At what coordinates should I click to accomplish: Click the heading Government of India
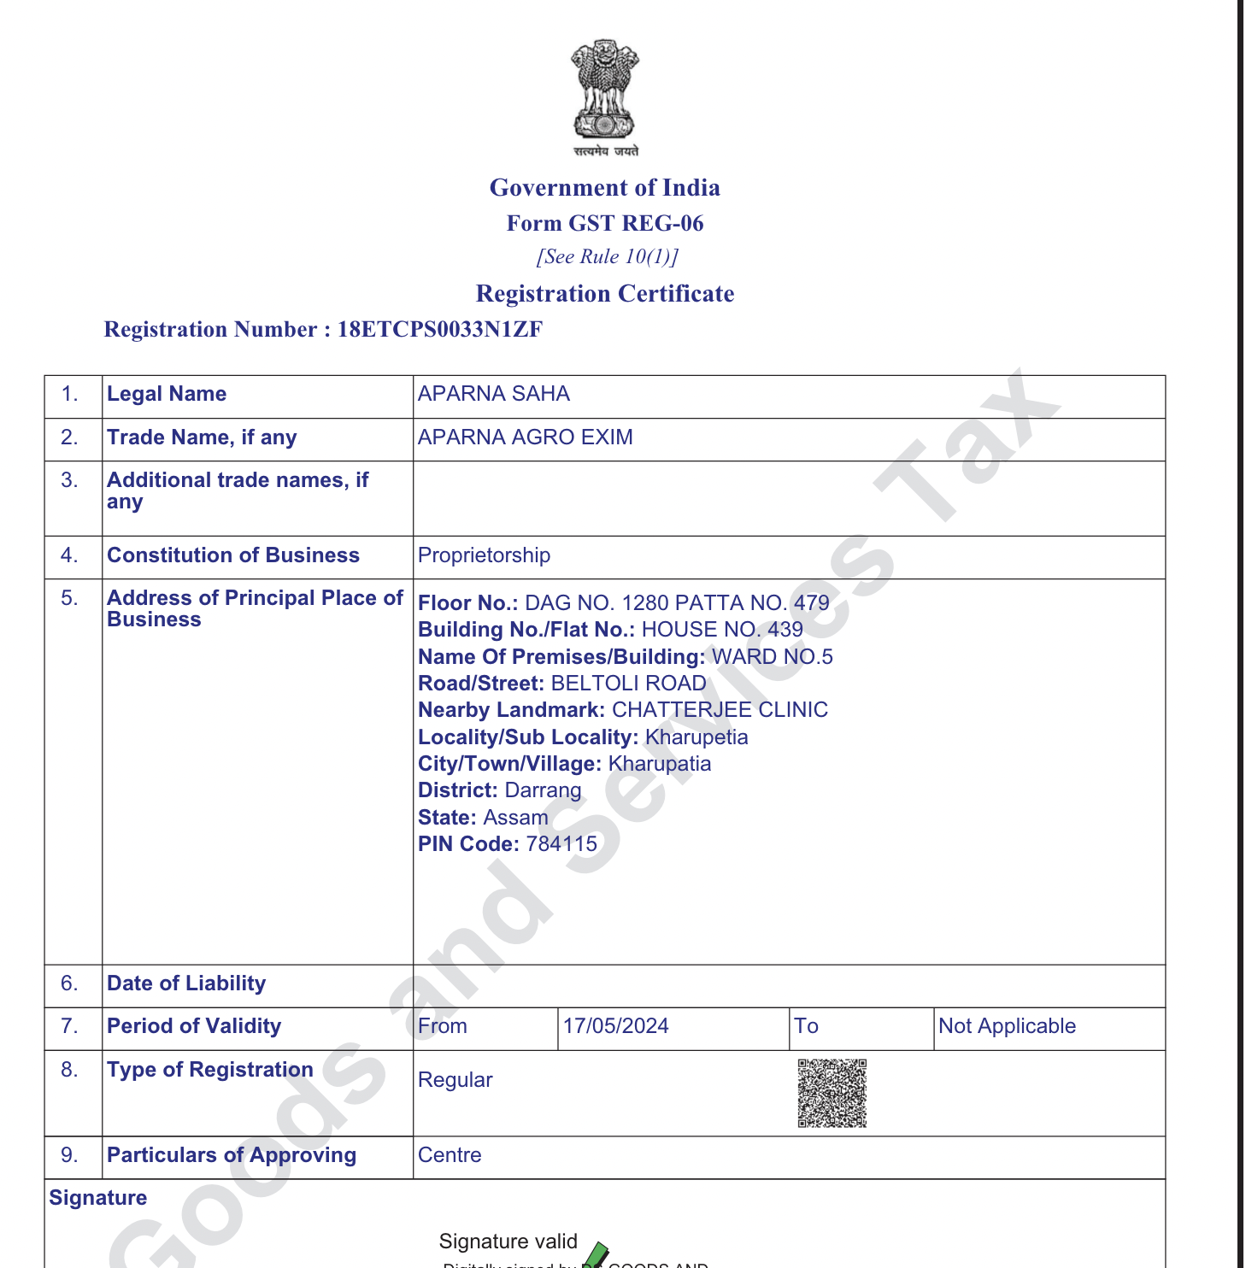coord(605,188)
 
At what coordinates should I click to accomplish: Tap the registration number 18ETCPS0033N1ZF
coord(440,330)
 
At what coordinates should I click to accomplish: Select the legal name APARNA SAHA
coord(494,394)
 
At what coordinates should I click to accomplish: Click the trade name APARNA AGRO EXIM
coord(526,437)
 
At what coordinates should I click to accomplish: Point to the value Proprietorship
coord(484,555)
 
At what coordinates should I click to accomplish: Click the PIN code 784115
coord(561,844)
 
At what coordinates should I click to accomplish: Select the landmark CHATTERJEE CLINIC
coord(720,710)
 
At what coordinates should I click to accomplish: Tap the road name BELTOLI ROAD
coord(628,684)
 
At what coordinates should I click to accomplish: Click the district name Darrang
coord(543,790)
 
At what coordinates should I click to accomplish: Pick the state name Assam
coord(515,818)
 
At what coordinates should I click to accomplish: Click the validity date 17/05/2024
coord(615,1026)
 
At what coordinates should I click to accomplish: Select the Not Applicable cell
coord(1007,1026)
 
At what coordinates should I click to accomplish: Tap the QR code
coord(832,1094)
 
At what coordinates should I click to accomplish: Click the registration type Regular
coord(455,1080)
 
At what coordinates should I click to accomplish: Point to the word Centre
coord(450,1155)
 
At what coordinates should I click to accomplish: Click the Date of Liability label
coord(186,983)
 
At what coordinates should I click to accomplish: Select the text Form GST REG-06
coord(605,224)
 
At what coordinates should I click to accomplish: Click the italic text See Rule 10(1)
coord(607,257)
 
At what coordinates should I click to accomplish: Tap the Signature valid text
coord(508,1242)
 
